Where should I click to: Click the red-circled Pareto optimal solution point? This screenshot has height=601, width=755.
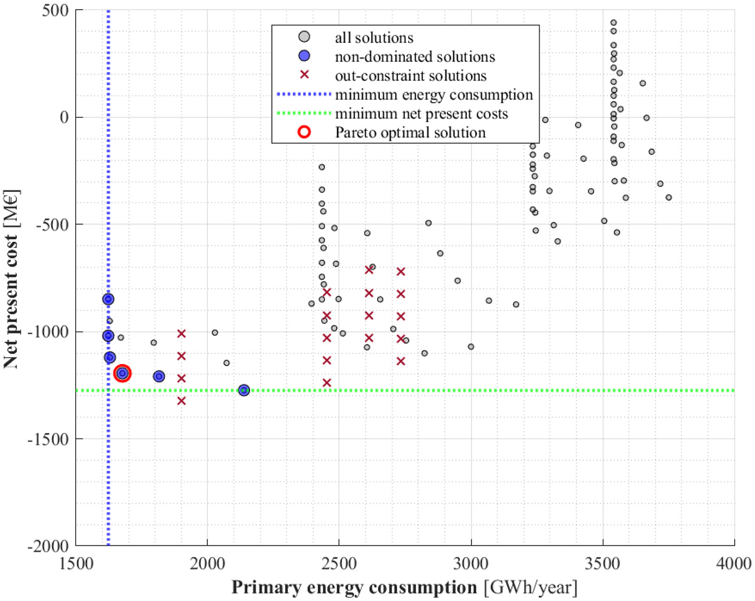pyautogui.click(x=123, y=373)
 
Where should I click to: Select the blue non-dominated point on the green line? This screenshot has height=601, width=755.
pyautogui.click(x=244, y=390)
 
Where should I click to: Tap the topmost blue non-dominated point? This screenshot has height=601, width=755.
pyautogui.click(x=108, y=299)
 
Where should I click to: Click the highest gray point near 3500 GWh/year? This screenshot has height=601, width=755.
pyautogui.click(x=613, y=23)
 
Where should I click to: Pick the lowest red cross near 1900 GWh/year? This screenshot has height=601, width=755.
pyautogui.click(x=181, y=400)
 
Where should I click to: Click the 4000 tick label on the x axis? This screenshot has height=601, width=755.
pyautogui.click(x=734, y=563)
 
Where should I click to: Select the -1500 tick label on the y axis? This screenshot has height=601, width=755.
pyautogui.click(x=48, y=439)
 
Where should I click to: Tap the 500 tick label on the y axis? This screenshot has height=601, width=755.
pyautogui.click(x=55, y=11)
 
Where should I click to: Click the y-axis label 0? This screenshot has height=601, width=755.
pyautogui.click(x=64, y=117)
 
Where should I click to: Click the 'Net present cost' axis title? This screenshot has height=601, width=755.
pyautogui.click(x=11, y=279)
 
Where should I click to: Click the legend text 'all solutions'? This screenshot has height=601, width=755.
pyautogui.click(x=374, y=38)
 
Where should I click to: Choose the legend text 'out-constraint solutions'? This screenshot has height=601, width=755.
pyautogui.click(x=410, y=76)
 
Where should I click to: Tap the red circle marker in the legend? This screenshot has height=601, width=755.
pyautogui.click(x=304, y=132)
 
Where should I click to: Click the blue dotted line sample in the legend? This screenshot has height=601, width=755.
pyautogui.click(x=304, y=94)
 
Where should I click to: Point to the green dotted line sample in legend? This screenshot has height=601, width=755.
pyautogui.click(x=304, y=114)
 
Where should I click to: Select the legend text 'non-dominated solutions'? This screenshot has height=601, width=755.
pyautogui.click(x=415, y=57)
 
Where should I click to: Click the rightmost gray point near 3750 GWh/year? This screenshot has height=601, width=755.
pyautogui.click(x=669, y=197)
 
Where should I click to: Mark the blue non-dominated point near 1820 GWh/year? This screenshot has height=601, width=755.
pyautogui.click(x=159, y=376)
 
